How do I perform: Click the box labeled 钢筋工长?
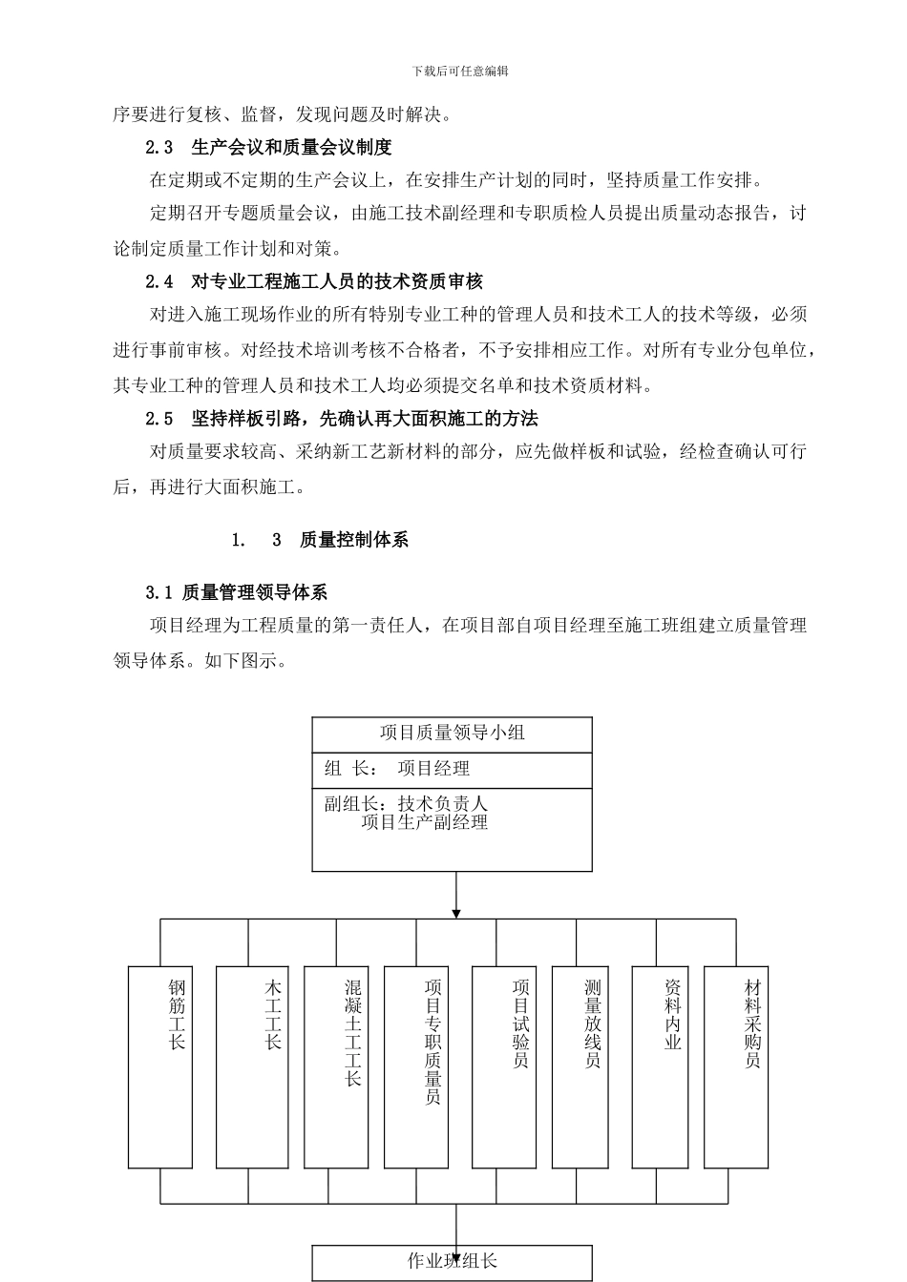[x=160, y=1067]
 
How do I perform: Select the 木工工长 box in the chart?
[x=248, y=1067]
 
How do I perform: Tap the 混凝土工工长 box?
[x=336, y=1067]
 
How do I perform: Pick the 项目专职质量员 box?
[x=416, y=1067]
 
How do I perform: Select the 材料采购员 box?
[x=736, y=1067]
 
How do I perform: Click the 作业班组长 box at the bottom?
[x=453, y=1262]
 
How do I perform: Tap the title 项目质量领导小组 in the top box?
[x=453, y=733]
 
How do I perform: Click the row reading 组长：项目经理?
[x=397, y=769]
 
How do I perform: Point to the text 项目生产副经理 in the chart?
[x=425, y=822]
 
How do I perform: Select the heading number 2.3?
[x=159, y=148]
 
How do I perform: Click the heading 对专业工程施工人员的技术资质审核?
[x=337, y=281]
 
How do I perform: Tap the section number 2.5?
[x=159, y=419]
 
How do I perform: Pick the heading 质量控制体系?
[x=354, y=540]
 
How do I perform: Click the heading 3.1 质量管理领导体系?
[x=236, y=592]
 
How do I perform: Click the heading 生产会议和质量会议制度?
[x=291, y=148]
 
